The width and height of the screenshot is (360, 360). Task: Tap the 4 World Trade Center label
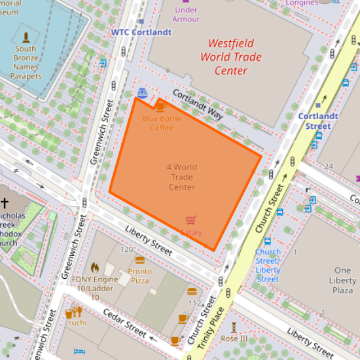click(x=182, y=177)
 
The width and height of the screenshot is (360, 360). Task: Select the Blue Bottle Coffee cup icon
click(x=160, y=106)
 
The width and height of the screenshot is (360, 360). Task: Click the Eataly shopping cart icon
click(x=191, y=220)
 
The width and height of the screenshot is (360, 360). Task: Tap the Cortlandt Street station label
click(x=318, y=121)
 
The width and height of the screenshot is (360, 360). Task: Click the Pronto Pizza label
click(x=139, y=276)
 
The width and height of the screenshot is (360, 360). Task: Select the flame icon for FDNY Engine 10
click(x=95, y=267)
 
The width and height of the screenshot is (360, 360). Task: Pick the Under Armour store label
click(x=186, y=14)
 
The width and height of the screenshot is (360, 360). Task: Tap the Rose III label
click(x=234, y=338)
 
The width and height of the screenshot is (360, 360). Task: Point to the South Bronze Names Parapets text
click(x=26, y=62)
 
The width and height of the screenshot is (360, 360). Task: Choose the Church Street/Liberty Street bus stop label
click(x=268, y=265)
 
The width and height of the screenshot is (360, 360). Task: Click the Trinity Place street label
click(x=216, y=328)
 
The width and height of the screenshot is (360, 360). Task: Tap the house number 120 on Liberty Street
click(x=126, y=250)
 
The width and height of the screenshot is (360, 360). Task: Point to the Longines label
click(x=302, y=3)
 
